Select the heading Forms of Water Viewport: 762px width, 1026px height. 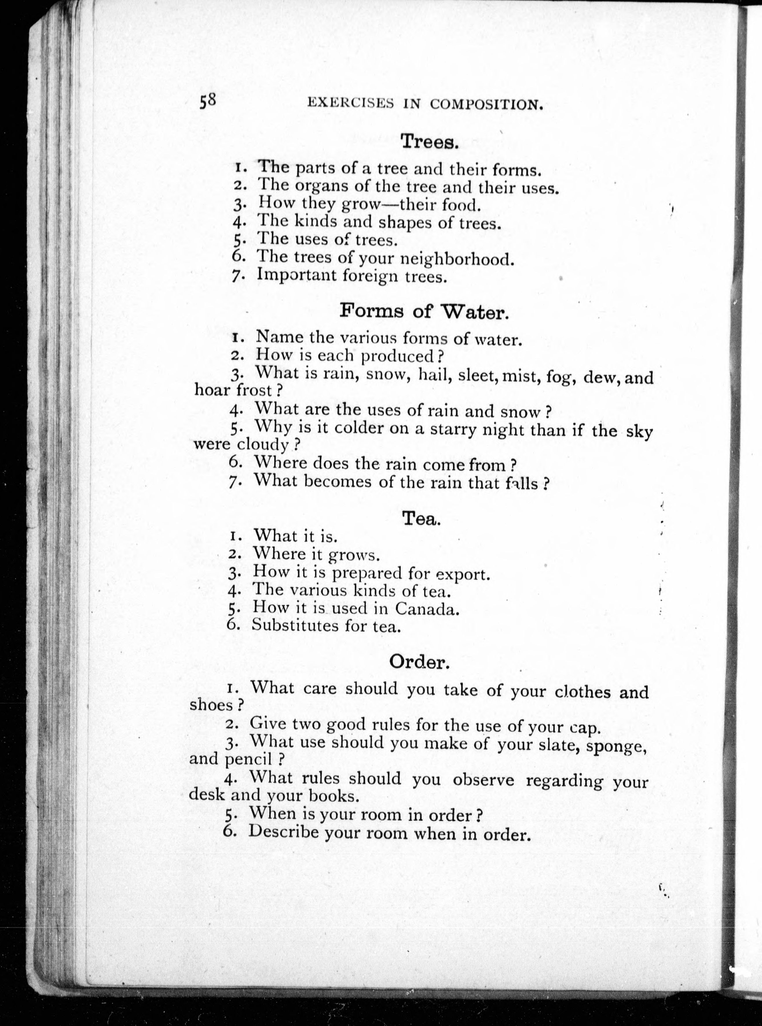click(x=424, y=312)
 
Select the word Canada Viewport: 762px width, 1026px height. click(x=427, y=609)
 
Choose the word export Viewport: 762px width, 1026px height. click(x=462, y=575)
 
